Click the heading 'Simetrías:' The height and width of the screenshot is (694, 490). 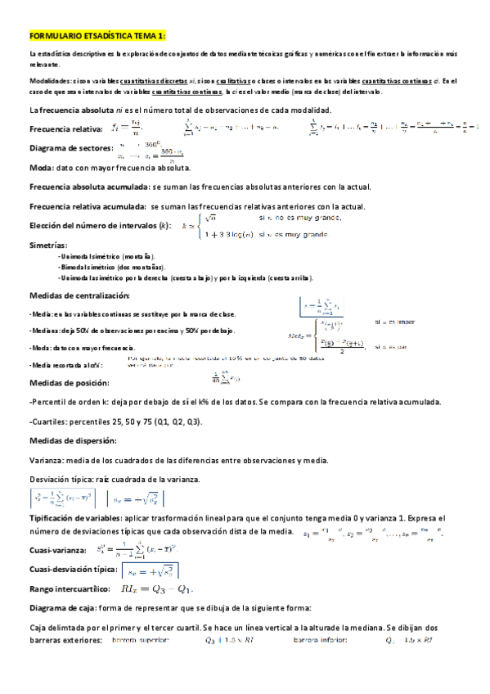[47, 246]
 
